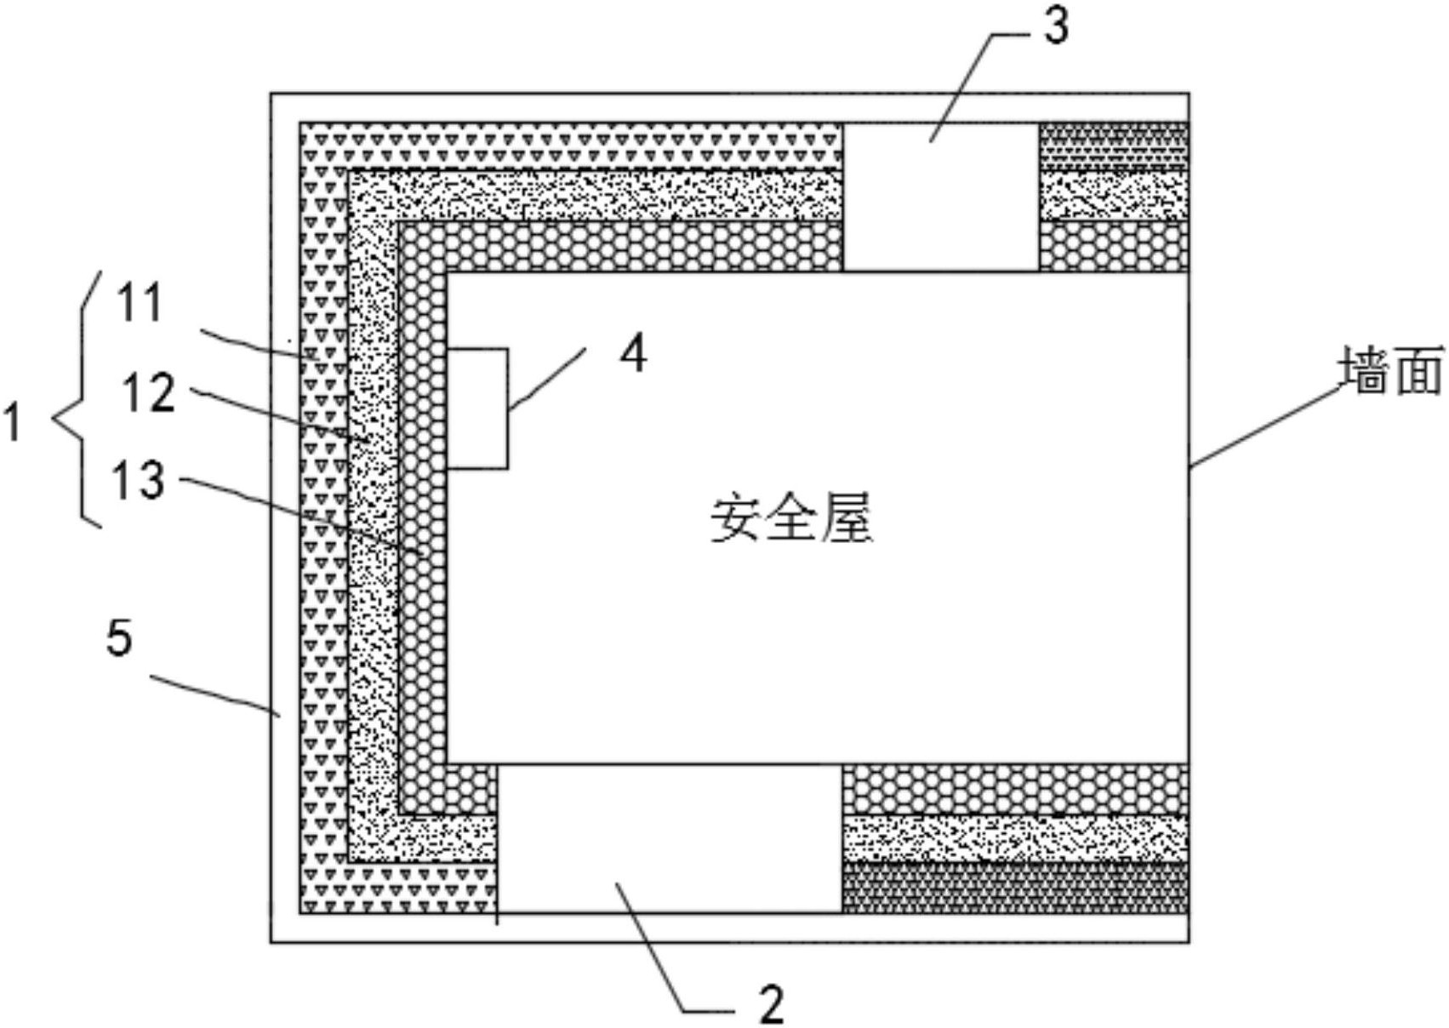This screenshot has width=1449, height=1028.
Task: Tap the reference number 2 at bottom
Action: tap(771, 1005)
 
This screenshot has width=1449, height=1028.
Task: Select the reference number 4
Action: tap(633, 354)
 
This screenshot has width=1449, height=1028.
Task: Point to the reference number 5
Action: tap(120, 637)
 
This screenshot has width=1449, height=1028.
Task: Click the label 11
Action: tap(140, 304)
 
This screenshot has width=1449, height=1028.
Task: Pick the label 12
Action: tap(149, 394)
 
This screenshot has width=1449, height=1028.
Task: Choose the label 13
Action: tap(138, 480)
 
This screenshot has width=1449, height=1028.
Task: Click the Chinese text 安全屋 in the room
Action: tap(792, 519)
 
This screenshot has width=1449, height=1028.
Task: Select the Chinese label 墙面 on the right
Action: tap(1392, 370)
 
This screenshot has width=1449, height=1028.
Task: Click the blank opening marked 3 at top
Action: tap(940, 197)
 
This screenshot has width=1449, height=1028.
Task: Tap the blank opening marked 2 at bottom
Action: tap(670, 839)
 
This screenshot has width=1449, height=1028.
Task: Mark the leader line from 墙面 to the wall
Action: tap(1265, 426)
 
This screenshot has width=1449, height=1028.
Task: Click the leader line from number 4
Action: tap(548, 380)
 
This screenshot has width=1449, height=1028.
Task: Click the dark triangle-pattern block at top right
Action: tap(1114, 146)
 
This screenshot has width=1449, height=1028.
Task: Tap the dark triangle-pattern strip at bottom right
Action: tap(1014, 888)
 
